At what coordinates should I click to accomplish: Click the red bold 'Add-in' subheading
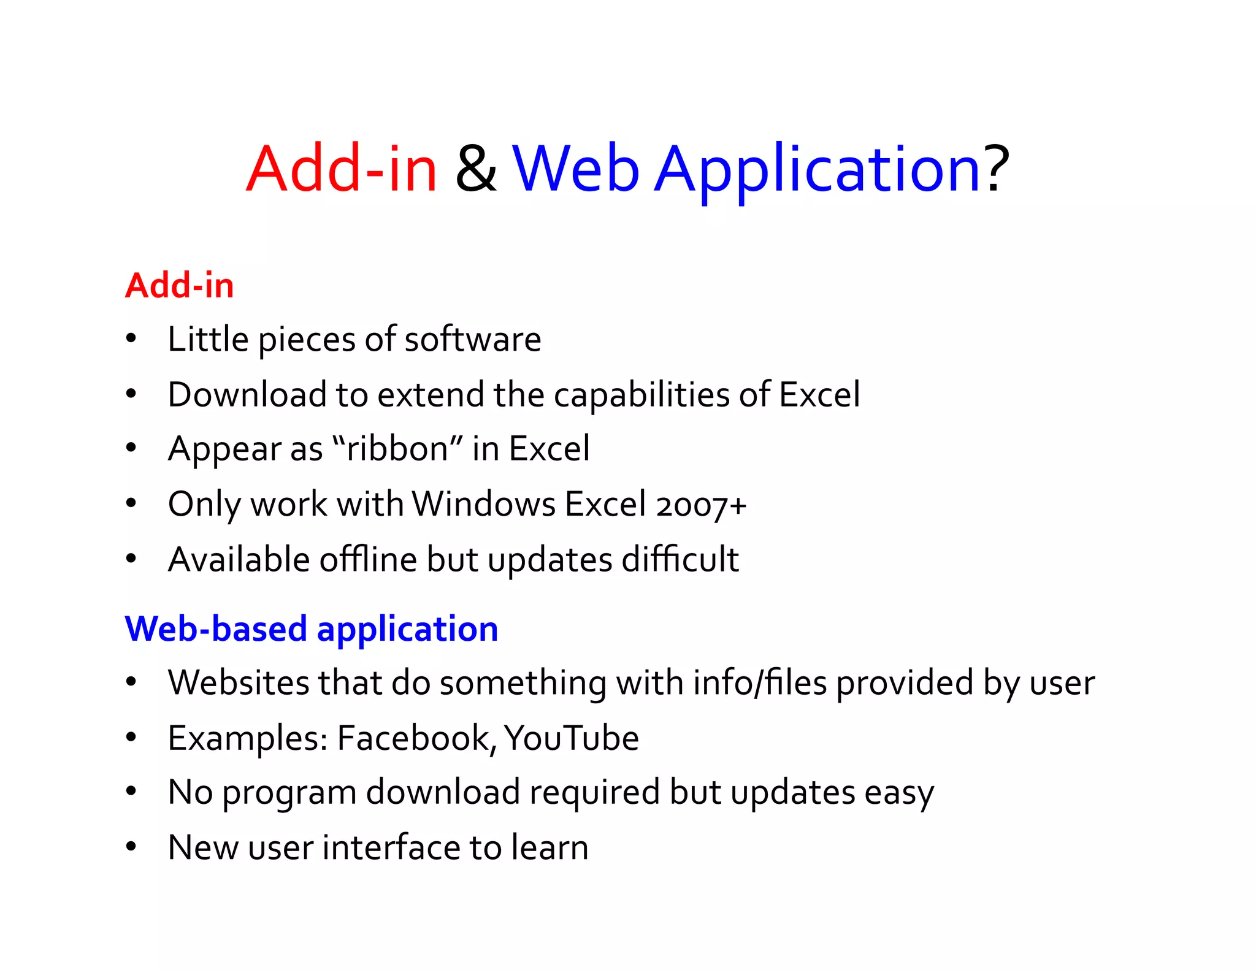tap(179, 286)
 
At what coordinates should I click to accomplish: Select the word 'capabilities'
tap(641, 395)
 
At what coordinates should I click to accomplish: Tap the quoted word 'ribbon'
tap(397, 449)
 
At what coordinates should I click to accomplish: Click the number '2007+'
tap(701, 505)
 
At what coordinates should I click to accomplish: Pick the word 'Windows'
tap(483, 504)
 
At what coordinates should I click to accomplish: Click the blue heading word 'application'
tap(407, 630)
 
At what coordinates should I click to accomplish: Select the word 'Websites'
tap(238, 682)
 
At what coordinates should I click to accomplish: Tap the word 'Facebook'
tap(416, 738)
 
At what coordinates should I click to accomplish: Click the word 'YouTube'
tap(572, 738)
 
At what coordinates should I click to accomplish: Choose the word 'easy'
tap(899, 793)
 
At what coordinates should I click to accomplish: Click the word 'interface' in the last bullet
tap(391, 847)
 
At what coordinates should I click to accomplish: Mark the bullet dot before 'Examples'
tap(131, 737)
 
